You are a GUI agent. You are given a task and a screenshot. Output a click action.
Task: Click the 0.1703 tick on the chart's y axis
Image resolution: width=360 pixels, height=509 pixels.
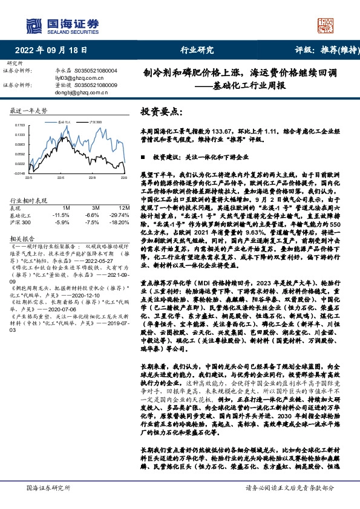click(x=21, y=125)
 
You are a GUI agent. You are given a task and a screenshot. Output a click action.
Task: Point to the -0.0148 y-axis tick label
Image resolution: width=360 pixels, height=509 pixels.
click(x=20, y=173)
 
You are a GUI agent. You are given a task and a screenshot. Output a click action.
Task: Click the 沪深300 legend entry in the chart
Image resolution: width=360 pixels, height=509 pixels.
click(x=94, y=122)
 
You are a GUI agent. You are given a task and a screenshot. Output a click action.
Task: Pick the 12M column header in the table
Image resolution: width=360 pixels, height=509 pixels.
click(x=117, y=207)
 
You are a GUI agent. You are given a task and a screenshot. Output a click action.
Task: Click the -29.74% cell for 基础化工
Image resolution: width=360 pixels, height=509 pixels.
click(x=116, y=215)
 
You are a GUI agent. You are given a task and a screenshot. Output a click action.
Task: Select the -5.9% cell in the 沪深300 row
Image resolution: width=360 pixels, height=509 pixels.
click(x=62, y=221)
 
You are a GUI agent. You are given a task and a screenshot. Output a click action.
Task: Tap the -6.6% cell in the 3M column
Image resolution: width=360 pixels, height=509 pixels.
click(x=93, y=215)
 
